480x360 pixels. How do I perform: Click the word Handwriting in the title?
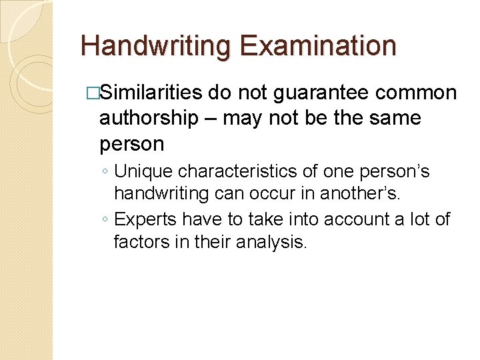[156, 47]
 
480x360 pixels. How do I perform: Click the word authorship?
[149, 119]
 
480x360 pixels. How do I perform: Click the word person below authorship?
[131, 145]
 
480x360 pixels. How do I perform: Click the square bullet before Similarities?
[93, 93]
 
